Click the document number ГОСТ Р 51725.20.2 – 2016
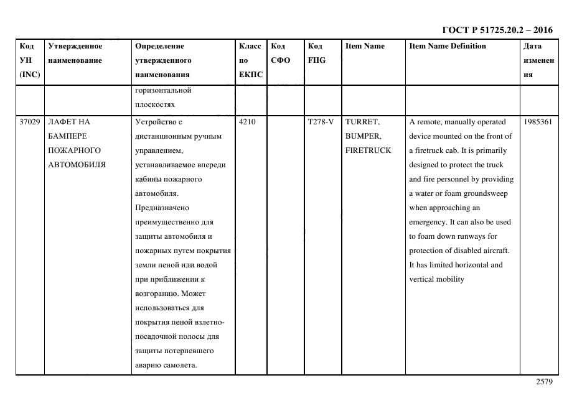click(497, 30)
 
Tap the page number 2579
click(544, 382)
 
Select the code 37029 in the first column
click(29, 122)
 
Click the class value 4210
click(247, 122)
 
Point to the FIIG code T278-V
click(321, 122)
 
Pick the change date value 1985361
click(538, 122)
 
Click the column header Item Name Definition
click(448, 46)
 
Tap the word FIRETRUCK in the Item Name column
click(368, 150)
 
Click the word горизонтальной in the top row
click(163, 90)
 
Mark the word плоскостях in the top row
click(155, 104)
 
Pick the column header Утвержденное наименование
click(75, 53)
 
